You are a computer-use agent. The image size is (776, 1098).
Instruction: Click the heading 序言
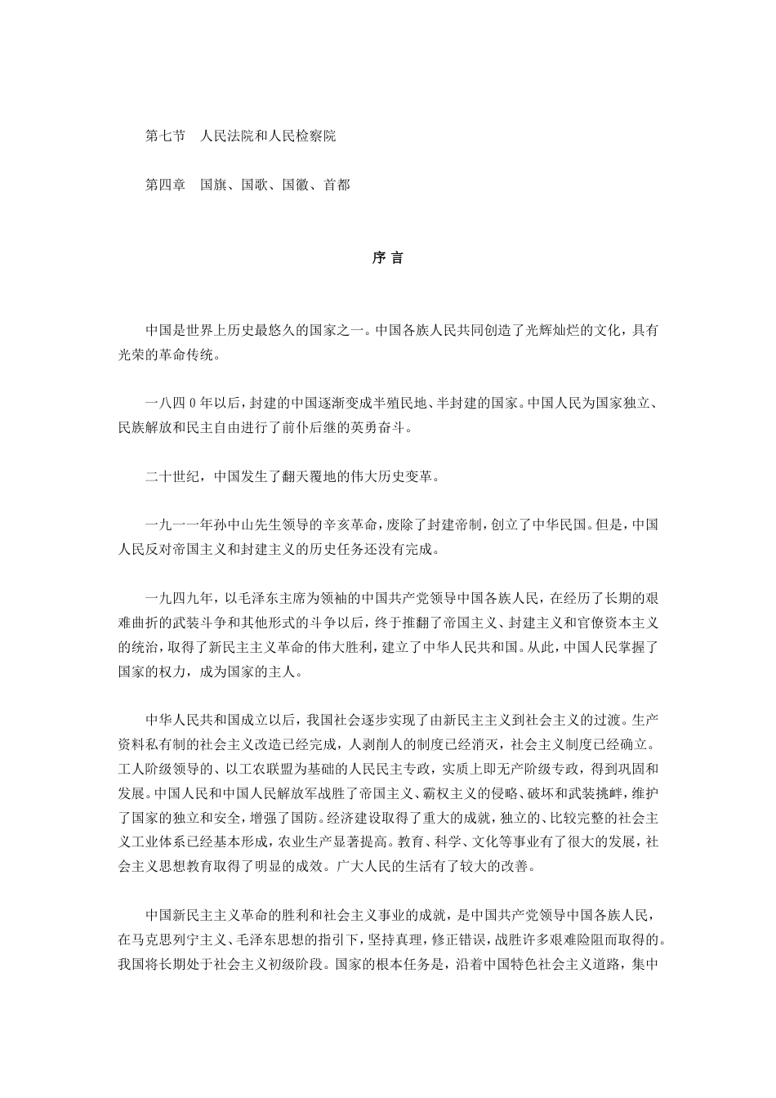387,257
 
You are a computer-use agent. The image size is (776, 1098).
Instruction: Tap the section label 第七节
165,136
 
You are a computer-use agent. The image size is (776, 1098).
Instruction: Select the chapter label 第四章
165,185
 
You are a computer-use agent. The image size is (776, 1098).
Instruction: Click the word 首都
337,185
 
